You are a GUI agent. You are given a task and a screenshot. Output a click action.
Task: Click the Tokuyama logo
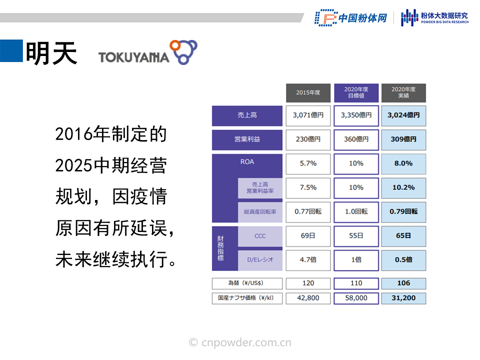click(148, 52)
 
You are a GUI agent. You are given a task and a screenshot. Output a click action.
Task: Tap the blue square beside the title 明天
click(11, 51)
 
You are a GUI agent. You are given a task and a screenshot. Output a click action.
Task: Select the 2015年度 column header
click(308, 93)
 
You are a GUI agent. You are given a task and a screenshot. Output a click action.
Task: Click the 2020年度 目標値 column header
click(356, 93)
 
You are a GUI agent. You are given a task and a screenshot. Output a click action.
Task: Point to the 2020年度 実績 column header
click(403, 93)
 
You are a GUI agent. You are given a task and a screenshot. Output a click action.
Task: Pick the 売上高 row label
click(247, 115)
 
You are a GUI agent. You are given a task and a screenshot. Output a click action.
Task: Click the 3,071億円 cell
click(308, 115)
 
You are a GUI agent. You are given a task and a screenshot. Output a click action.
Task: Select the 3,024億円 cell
click(403, 115)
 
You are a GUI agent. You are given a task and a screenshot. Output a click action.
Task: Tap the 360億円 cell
click(356, 139)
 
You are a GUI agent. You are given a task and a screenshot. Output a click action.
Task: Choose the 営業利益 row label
click(247, 139)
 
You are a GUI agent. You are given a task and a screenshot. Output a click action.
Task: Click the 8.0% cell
click(403, 164)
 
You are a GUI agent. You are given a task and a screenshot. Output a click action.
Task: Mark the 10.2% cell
click(403, 188)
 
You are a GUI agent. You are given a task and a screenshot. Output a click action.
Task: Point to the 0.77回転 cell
click(308, 212)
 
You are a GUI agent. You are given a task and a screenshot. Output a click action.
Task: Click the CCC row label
click(260, 236)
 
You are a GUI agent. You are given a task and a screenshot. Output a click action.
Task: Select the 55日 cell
click(356, 236)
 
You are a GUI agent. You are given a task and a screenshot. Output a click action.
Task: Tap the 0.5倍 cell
click(403, 260)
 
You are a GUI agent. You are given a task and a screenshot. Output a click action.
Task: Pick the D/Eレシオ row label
click(260, 260)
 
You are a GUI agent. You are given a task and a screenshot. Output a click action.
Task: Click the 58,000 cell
click(356, 298)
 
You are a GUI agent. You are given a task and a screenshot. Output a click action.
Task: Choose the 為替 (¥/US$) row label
click(247, 283)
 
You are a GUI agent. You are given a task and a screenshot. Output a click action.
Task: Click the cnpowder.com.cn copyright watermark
click(240, 342)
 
